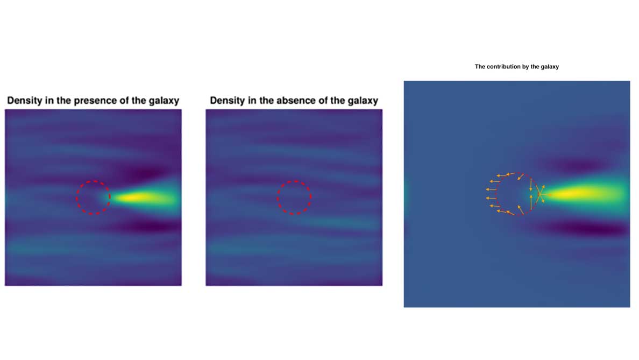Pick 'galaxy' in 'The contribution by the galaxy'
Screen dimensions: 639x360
tap(550, 67)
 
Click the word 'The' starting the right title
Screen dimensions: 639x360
tap(480, 66)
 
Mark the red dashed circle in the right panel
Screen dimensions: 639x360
tap(515, 174)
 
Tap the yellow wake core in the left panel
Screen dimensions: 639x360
tap(137, 198)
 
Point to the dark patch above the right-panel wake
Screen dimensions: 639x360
tap(579, 165)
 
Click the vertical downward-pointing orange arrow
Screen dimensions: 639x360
tap(530, 185)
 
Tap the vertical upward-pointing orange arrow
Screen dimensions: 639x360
tap(531, 202)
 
